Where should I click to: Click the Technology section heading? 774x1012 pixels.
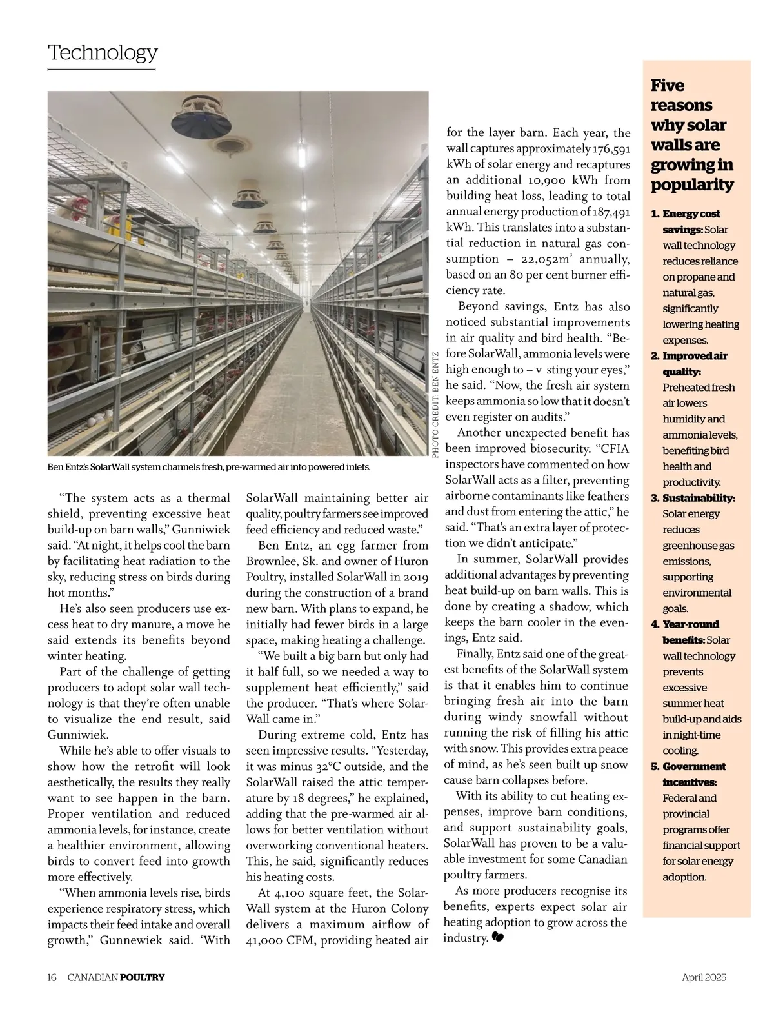(103, 52)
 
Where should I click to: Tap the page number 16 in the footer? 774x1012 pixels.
(52, 977)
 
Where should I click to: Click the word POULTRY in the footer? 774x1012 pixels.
(143, 977)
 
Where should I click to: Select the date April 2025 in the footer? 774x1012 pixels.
(704, 977)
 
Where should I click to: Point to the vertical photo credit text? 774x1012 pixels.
(435, 404)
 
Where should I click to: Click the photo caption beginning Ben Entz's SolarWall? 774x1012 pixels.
(209, 466)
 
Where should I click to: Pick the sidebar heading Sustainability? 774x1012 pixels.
(699, 498)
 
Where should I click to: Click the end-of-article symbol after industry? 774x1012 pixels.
(497, 938)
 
